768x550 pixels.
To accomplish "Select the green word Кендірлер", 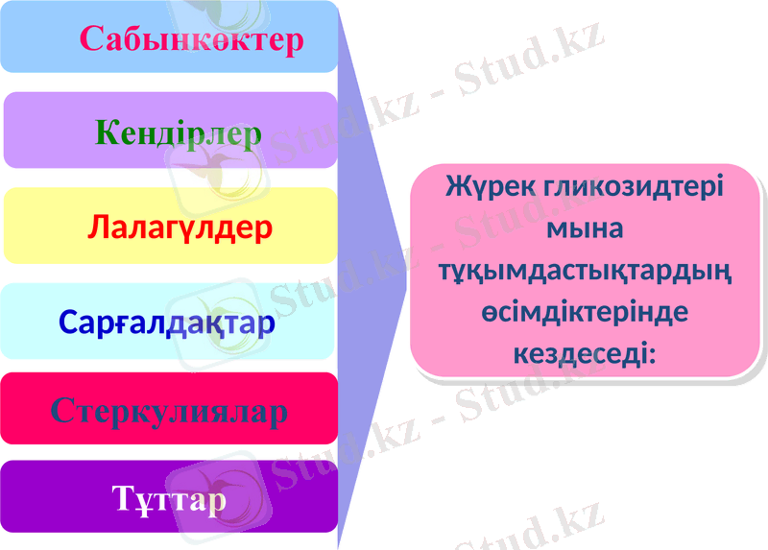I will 179,132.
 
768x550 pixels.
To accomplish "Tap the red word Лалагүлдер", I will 180,227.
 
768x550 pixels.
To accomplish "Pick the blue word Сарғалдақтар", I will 167,322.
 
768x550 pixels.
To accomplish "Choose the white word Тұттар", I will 169,499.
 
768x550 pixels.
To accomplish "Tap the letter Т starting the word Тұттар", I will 123,499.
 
